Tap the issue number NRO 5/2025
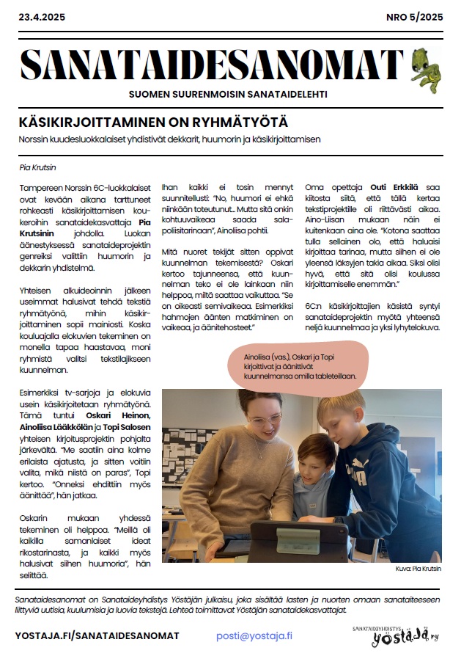[x=414, y=17]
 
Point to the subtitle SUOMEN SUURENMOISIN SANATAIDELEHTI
[x=228, y=95]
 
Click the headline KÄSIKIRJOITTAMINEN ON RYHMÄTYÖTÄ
[x=153, y=122]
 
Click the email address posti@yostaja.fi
[x=255, y=635]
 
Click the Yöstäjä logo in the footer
[x=395, y=636]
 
